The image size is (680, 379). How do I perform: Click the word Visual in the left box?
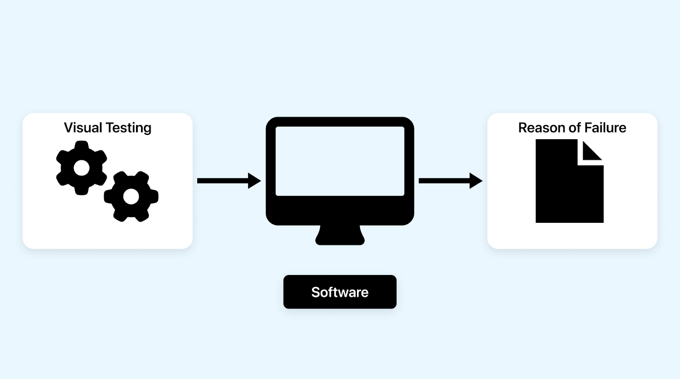point(83,128)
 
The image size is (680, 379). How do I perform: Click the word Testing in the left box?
point(128,128)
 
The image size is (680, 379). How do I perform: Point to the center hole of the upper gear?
point(81,168)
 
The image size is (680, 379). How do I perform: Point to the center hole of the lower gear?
point(131,197)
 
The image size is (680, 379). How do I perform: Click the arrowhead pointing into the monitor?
point(254,181)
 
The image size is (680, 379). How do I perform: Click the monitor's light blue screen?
point(340,161)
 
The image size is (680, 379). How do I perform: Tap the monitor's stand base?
point(340,237)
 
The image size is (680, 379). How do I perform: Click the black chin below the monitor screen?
point(340,211)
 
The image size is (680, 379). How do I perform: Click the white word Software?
point(340,292)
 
